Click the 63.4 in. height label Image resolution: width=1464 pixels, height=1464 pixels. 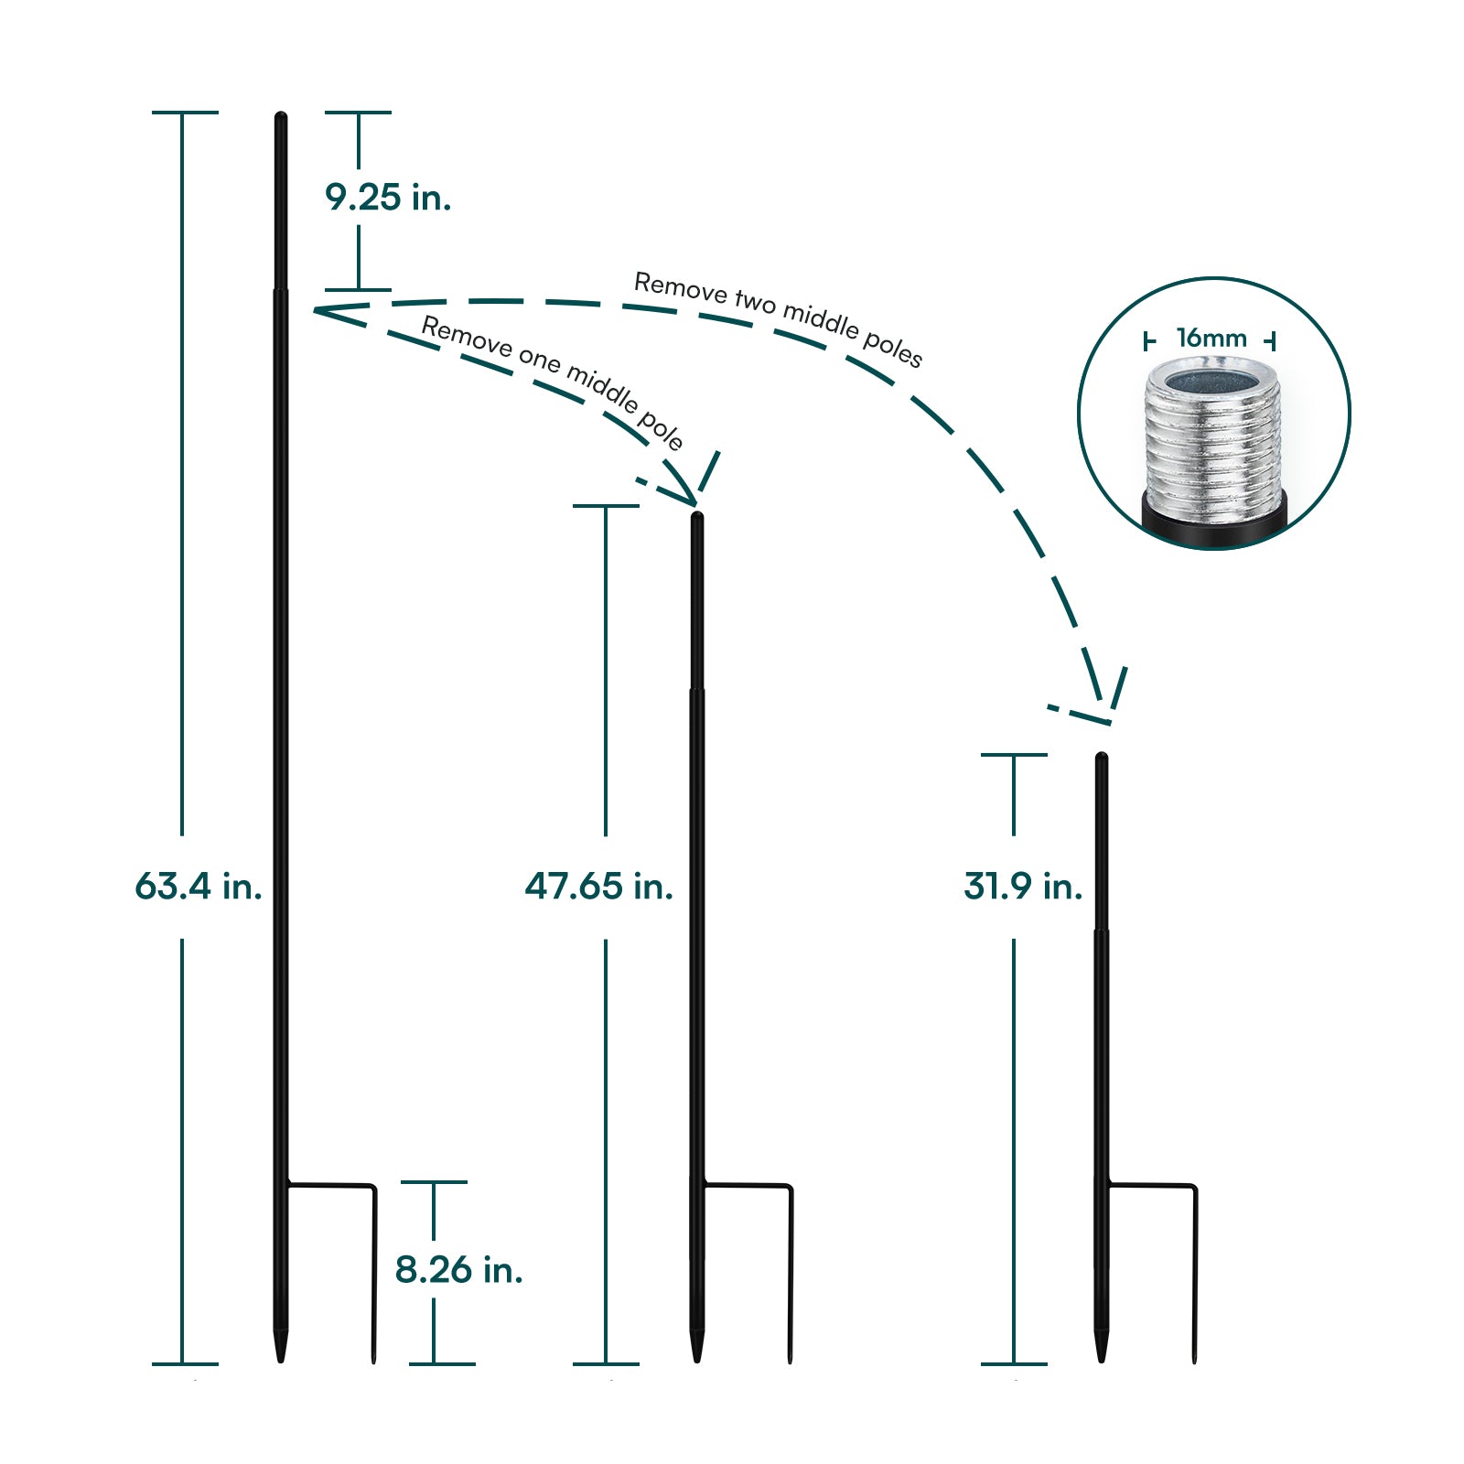pyautogui.click(x=199, y=886)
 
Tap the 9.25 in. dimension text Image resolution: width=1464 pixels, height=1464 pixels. pyautogui.click(x=388, y=197)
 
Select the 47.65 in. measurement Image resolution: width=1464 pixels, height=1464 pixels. pyautogui.click(x=598, y=886)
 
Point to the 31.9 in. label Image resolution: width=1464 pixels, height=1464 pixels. pyautogui.click(x=1023, y=886)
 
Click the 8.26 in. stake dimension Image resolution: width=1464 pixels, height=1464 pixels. pyautogui.click(x=458, y=1269)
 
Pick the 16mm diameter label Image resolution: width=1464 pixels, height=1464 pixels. pyautogui.click(x=1211, y=339)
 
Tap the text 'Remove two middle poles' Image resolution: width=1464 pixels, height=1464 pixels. pyautogui.click(x=778, y=318)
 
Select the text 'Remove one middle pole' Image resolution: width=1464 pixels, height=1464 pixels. pyautogui.click(x=552, y=382)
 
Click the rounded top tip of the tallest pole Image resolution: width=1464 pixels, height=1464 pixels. pyautogui.click(x=281, y=117)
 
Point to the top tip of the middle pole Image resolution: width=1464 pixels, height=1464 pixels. pyautogui.click(x=697, y=517)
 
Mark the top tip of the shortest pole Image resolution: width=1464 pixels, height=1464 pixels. pyautogui.click(x=1102, y=759)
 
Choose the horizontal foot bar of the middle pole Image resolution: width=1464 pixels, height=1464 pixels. pyautogui.click(x=747, y=1186)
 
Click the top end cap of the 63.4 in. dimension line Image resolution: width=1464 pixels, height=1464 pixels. pyautogui.click(x=185, y=113)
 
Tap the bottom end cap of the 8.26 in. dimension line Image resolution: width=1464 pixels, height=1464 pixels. pyautogui.click(x=441, y=1363)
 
